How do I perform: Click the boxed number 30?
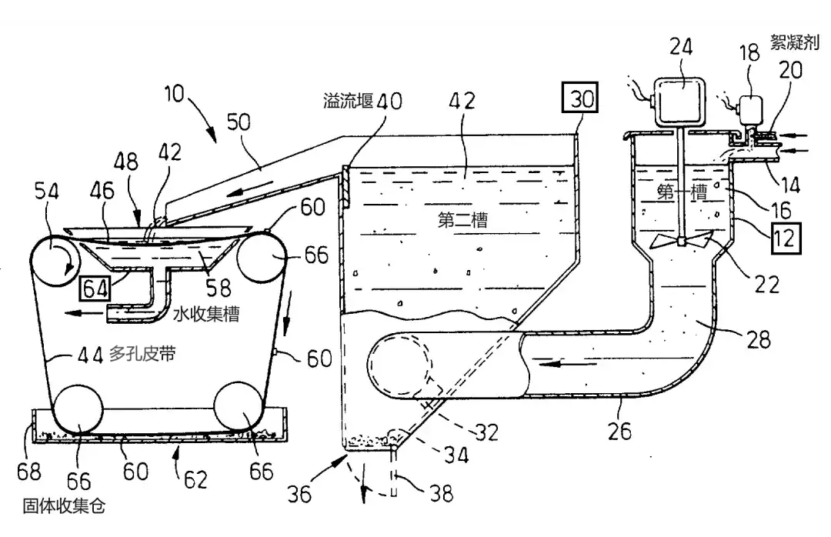tap(580, 98)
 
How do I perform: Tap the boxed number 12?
tap(784, 238)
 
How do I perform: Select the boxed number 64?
tap(95, 289)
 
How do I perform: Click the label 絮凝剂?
tap(794, 42)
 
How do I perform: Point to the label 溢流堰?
tap(349, 101)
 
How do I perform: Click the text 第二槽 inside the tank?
tap(462, 220)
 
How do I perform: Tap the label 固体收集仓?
tap(64, 506)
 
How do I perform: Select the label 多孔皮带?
tap(142, 354)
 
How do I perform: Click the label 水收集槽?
tap(207, 315)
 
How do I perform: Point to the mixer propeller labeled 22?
tap(680, 242)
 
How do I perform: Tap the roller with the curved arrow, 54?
tap(55, 261)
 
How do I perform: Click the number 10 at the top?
tap(173, 94)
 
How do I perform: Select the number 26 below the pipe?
tap(619, 431)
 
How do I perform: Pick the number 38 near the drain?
tap(442, 494)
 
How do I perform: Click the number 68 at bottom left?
tap(28, 472)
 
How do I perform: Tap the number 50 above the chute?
tap(239, 122)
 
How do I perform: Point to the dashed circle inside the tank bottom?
tap(400, 365)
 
